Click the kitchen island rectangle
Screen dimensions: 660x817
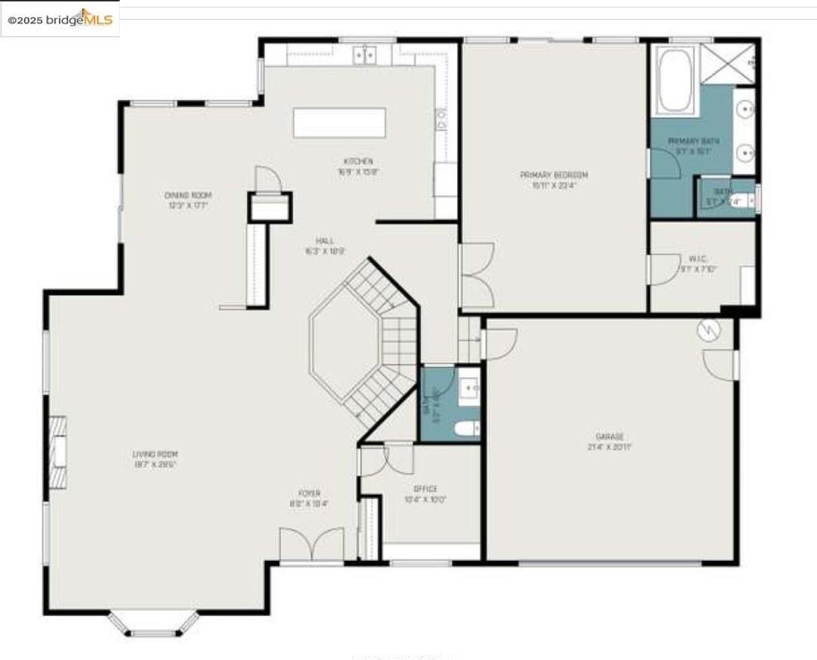tap(340, 124)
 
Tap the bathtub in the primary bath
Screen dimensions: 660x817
tap(675, 80)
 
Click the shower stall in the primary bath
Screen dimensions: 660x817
tap(728, 63)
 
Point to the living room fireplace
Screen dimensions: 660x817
tap(57, 451)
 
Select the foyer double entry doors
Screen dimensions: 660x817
tap(311, 545)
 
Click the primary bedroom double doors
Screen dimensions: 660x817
tap(476, 275)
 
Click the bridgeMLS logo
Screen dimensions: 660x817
tap(60, 18)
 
